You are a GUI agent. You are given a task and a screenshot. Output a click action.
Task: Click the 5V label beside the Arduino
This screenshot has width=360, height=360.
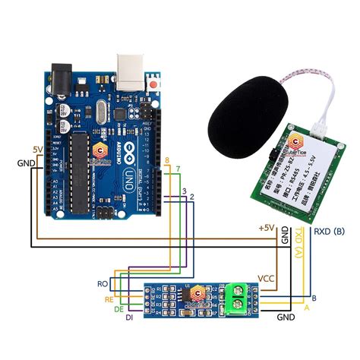38,149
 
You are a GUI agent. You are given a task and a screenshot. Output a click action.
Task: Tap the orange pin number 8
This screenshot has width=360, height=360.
166,159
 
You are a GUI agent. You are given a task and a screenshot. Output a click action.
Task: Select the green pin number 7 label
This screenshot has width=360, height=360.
178,167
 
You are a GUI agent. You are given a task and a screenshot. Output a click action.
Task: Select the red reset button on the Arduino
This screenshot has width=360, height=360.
155,81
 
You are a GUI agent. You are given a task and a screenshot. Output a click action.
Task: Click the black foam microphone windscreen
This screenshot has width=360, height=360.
242,106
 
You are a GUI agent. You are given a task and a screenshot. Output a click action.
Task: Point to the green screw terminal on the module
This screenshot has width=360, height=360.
237,298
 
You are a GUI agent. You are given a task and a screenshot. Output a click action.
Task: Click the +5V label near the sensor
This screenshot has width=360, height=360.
267,228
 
